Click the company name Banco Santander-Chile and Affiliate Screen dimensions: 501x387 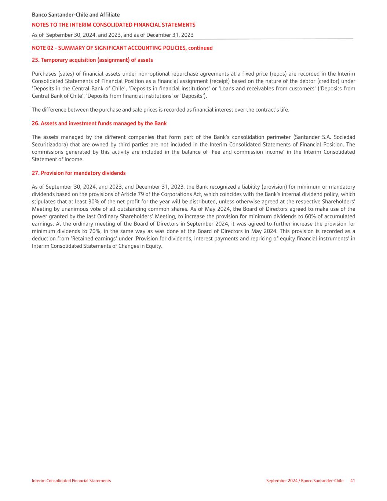click(x=76, y=15)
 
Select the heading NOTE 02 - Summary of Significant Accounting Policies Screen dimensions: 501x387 click(x=122, y=48)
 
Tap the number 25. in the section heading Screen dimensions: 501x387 click(x=35, y=60)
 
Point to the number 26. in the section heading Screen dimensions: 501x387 click(x=35, y=123)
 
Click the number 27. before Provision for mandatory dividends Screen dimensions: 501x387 click(x=35, y=173)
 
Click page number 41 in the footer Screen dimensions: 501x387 click(x=352, y=480)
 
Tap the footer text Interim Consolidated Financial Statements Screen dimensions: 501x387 click(x=71, y=480)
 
